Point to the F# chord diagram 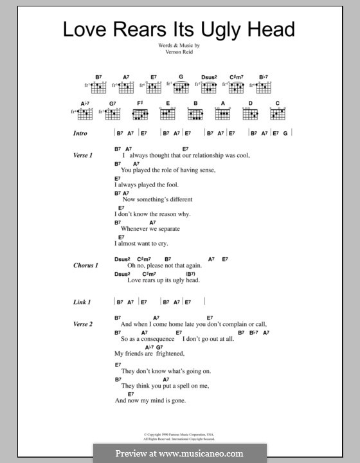coord(141,114)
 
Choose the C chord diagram coord(278,114)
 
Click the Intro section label coord(80,134)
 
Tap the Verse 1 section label coord(84,156)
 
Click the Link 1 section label coord(82,302)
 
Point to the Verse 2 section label coord(84,324)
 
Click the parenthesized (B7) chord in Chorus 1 coord(209,273)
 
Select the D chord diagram coord(250,114)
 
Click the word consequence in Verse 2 coord(152,339)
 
